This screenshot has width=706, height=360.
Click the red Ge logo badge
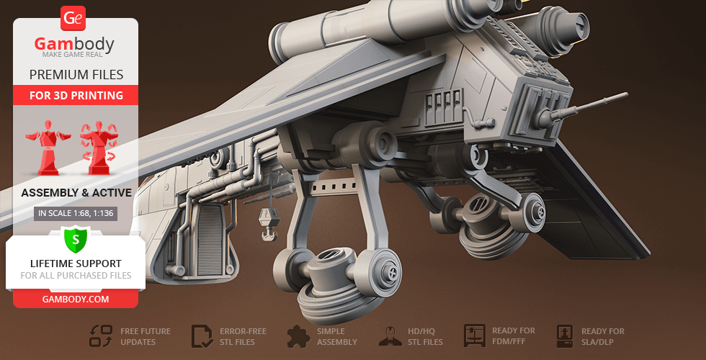click(x=73, y=19)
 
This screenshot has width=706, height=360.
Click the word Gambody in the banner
click(x=74, y=44)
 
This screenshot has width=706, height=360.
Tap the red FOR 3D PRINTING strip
click(x=76, y=95)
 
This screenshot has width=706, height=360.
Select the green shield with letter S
click(x=76, y=240)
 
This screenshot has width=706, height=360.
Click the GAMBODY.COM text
click(x=76, y=300)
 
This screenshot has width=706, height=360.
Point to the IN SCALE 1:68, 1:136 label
click(x=76, y=213)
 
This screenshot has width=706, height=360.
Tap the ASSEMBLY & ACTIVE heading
click(x=76, y=193)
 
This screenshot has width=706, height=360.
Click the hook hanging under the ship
click(x=269, y=223)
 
